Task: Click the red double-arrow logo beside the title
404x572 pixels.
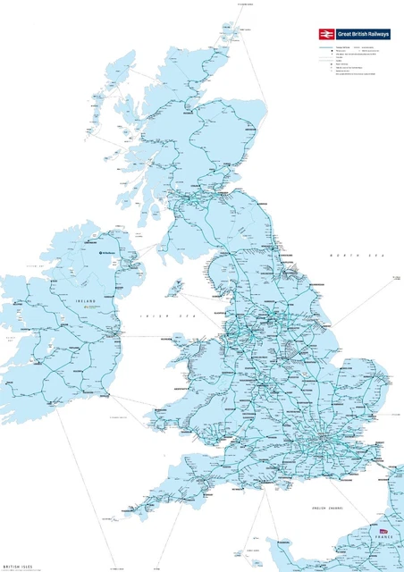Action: pyautogui.click(x=325, y=33)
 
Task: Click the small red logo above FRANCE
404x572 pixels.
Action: pyautogui.click(x=385, y=532)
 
